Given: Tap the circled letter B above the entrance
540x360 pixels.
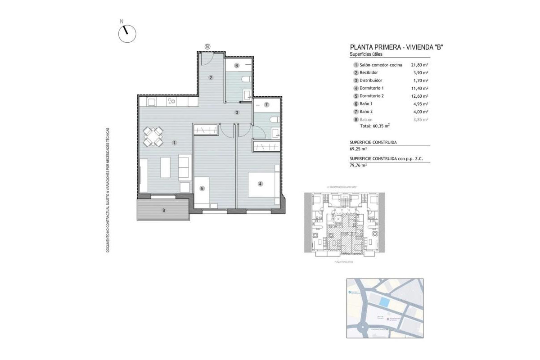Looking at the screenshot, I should [207, 46].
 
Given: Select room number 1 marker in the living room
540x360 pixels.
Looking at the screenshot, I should [174, 143].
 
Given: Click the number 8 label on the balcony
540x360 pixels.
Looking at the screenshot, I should [164, 210].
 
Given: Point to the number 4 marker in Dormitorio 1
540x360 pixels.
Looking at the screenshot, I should [260, 184].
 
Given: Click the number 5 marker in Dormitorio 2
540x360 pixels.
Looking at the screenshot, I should [202, 189].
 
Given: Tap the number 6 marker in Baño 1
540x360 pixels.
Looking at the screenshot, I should [237, 66].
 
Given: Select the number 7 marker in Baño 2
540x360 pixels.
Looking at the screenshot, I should [266, 105].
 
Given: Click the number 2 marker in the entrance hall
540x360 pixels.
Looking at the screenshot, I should [211, 77].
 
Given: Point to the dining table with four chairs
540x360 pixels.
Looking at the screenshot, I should [153, 136].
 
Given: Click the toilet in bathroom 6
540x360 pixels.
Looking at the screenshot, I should [246, 80].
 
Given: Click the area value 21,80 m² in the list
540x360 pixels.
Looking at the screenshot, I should [419, 65].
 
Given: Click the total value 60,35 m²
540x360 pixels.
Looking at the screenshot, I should [381, 126].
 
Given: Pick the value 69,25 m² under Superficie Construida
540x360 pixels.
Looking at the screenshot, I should [358, 148].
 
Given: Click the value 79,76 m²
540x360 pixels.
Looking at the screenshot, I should [358, 165].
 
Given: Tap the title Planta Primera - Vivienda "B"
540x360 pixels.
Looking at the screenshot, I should [397, 47].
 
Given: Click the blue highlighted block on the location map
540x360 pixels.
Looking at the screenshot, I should [384, 302].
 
